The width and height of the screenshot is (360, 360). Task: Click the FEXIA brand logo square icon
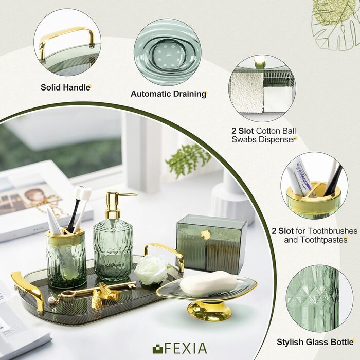pyautogui.click(x=158, y=349)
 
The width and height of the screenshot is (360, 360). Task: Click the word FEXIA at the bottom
pyautogui.click(x=186, y=349)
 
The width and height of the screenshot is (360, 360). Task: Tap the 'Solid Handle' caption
pyautogui.click(x=65, y=87)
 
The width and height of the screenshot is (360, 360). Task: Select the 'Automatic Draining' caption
pyautogui.click(x=168, y=94)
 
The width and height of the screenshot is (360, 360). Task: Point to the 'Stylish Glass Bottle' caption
pyautogui.click(x=315, y=342)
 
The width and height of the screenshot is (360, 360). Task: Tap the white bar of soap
pyautogui.click(x=208, y=283)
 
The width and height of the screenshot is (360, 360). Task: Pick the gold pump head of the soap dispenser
pyautogui.click(x=115, y=204)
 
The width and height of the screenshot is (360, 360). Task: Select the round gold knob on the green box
pyautogui.click(x=206, y=235)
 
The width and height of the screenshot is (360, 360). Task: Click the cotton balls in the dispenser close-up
pyautogui.click(x=247, y=93)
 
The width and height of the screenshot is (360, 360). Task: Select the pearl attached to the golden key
pyautogui.click(x=51, y=299)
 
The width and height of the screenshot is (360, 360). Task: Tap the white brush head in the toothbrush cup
pyautogui.click(x=83, y=192)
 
